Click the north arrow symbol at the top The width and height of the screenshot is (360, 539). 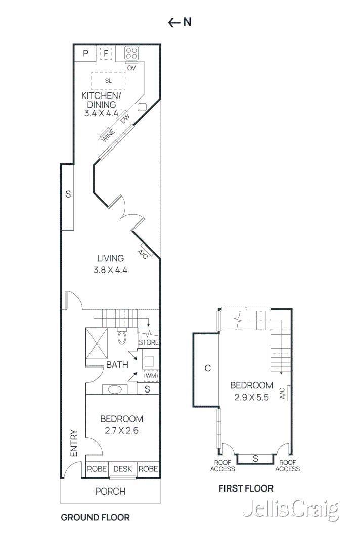[179, 22]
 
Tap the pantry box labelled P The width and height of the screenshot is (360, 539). [86, 53]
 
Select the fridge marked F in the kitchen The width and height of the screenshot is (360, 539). [106, 53]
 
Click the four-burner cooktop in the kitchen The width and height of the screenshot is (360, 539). [132, 53]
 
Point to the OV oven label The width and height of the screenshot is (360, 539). [131, 68]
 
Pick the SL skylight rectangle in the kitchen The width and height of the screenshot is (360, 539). [108, 81]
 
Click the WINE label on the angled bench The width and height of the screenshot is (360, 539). [108, 135]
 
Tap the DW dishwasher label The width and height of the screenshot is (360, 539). [125, 119]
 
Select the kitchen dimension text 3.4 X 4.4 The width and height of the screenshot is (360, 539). [101, 114]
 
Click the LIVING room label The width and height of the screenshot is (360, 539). [110, 258]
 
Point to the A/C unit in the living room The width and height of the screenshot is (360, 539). [142, 254]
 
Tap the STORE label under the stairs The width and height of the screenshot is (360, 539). [149, 342]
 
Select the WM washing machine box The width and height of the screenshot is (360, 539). [151, 376]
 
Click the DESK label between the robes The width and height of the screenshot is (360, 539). [122, 469]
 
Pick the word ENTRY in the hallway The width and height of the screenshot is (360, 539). [74, 444]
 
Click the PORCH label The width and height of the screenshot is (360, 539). [110, 491]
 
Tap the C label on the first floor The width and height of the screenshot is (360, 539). [207, 368]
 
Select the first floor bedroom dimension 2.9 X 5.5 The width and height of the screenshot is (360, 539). [251, 398]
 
